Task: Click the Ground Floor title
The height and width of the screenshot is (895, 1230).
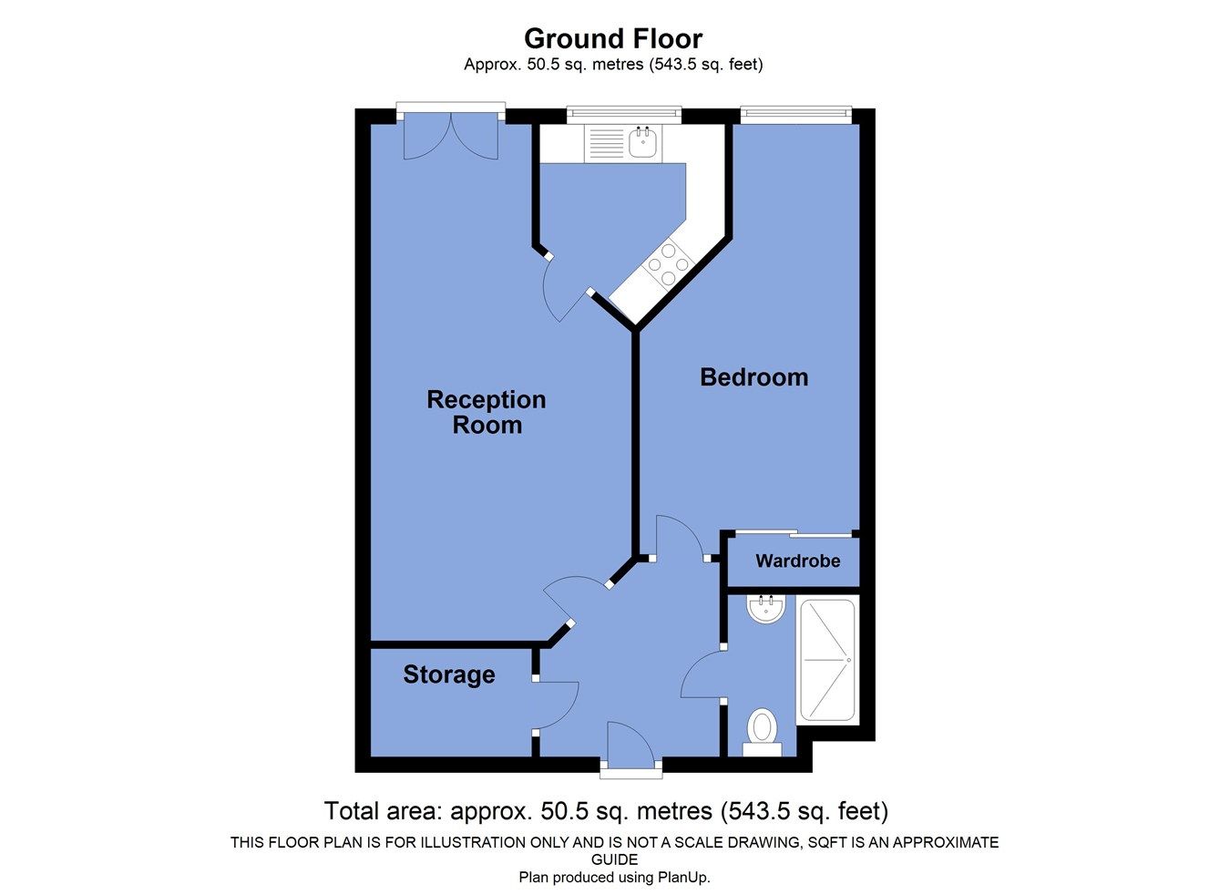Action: click(x=613, y=39)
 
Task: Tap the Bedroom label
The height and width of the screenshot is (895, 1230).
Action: click(x=753, y=377)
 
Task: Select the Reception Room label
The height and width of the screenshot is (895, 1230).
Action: click(x=487, y=412)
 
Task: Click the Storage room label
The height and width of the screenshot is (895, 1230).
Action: click(x=448, y=674)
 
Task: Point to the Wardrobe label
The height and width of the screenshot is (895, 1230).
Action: click(x=797, y=561)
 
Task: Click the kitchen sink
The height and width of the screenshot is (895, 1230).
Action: click(x=644, y=142)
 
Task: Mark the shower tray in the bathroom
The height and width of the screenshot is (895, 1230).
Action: click(x=826, y=661)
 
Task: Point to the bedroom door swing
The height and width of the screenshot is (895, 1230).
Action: click(x=679, y=538)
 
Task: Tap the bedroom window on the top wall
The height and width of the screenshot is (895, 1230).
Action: click(x=795, y=114)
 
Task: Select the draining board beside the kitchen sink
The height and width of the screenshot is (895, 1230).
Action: click(x=604, y=143)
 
